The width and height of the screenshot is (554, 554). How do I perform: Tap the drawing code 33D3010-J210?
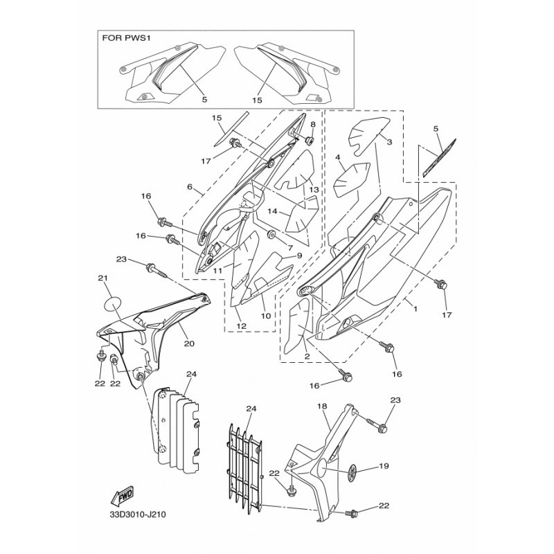coord(137,515)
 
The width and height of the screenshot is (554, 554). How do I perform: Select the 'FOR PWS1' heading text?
coord(127,38)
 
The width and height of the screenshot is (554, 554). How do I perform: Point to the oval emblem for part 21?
coord(113,303)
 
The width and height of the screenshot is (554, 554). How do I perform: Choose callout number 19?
coord(384,466)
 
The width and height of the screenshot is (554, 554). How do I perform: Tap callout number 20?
coord(189,343)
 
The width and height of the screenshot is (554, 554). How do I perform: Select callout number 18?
coord(322,406)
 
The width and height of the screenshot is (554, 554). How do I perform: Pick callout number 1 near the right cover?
coord(415,309)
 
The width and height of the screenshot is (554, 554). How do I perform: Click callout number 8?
coord(313,124)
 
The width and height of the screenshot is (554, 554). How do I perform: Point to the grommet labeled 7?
coord(271,234)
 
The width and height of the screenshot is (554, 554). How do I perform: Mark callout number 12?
coord(241,326)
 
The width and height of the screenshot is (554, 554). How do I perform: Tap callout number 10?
coord(266,316)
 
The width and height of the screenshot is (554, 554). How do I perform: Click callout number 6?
coord(190,186)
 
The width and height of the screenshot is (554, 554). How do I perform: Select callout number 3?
coord(389,142)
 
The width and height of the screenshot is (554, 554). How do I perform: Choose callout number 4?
coord(338,157)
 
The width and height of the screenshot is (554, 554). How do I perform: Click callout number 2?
coord(307,357)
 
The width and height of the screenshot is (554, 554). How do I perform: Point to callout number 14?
coord(272,211)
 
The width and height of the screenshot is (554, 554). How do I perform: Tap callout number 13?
coord(314,190)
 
